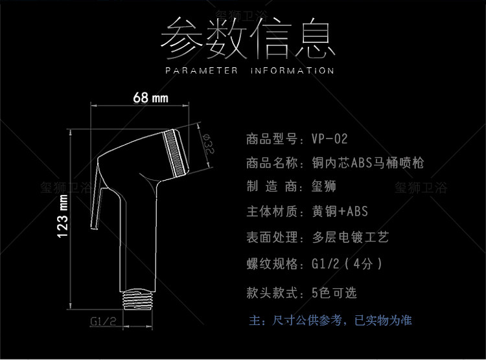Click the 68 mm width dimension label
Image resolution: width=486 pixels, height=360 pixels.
tap(150, 98)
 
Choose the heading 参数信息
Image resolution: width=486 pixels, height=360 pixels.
tap(249, 39)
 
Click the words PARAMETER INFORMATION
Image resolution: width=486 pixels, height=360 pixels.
tap(249, 71)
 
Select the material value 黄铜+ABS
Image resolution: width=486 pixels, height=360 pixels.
tap(340, 211)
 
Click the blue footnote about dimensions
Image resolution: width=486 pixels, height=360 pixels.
tap(330, 320)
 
